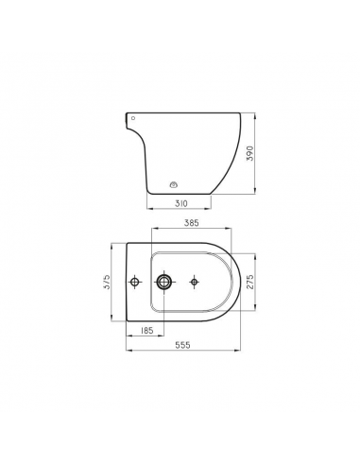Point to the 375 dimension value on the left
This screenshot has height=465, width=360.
(x=109, y=282)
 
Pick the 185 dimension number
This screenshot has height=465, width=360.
(x=147, y=332)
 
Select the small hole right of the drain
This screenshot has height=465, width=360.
(x=193, y=282)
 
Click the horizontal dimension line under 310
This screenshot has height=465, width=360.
(x=180, y=209)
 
